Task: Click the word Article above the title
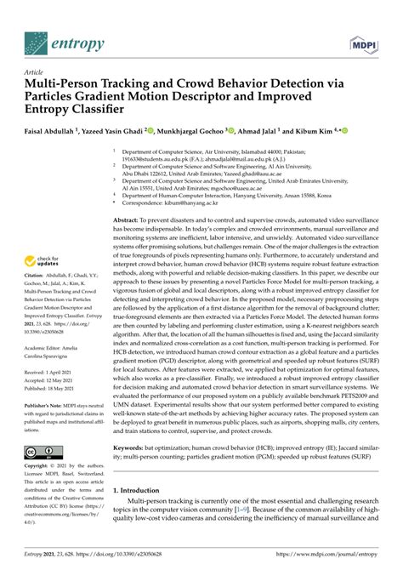click(x=37, y=72)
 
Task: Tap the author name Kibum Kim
click(x=312, y=132)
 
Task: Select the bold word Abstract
click(x=128, y=219)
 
